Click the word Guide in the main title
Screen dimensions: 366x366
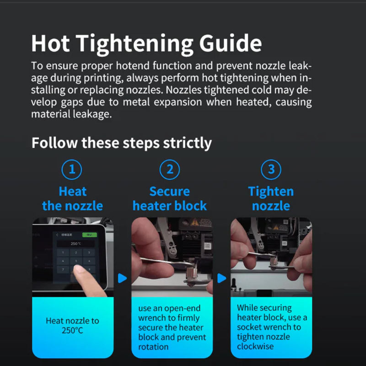(231, 43)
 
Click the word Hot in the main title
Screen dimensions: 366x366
(50, 43)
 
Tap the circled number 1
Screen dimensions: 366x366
(72, 169)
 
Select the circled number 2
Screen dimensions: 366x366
(170, 169)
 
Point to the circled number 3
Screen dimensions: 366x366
(271, 169)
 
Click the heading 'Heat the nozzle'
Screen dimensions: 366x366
(73, 199)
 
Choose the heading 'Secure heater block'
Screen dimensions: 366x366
(170, 199)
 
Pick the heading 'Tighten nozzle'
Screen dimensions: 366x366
(271, 199)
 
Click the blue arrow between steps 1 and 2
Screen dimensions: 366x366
(122, 278)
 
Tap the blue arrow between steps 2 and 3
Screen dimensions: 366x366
(221, 278)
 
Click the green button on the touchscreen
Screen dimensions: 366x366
(89, 235)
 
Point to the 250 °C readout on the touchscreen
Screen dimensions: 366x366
(75, 244)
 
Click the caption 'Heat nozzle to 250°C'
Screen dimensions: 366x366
(73, 326)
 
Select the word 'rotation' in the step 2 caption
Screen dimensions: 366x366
(153, 347)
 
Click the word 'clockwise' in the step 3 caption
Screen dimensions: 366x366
(255, 346)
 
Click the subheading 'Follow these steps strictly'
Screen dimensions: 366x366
(122, 143)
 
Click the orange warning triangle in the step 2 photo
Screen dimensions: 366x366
(194, 222)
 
